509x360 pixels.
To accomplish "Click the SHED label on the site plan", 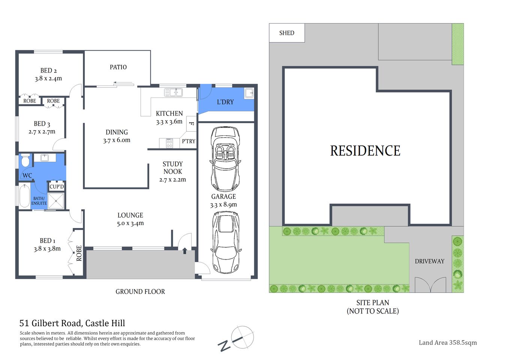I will click(287, 33).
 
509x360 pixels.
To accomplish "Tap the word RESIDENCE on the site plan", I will click(365, 151).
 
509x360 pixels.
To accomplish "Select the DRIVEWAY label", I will click(430, 261).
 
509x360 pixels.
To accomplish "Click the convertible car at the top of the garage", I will click(225, 159).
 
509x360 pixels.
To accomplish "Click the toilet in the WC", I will click(25, 160).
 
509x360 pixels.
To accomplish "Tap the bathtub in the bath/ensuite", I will click(24, 196).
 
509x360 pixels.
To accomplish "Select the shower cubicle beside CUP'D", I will click(56, 200).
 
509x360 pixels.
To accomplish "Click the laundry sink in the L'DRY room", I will click(249, 93).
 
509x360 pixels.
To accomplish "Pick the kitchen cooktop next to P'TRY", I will click(169, 143).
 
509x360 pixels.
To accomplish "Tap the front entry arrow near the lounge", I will click(185, 250).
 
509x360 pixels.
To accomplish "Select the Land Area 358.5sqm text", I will click(448, 342).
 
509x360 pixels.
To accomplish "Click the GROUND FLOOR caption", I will click(140, 292).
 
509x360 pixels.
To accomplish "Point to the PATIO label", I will click(118, 67).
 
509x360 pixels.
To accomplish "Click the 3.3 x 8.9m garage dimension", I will click(223, 205).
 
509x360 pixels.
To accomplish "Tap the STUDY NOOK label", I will click(173, 168).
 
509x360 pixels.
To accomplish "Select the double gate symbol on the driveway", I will click(430, 285).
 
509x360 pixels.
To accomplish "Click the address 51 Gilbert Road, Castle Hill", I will click(72, 323).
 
